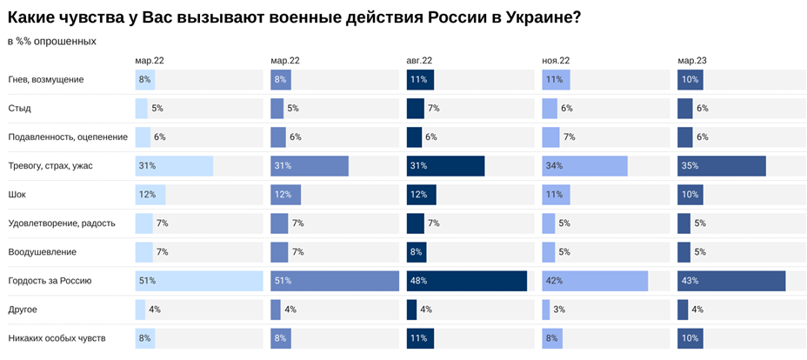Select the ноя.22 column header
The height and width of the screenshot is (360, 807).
click(x=556, y=61)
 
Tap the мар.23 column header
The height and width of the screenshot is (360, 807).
click(x=691, y=61)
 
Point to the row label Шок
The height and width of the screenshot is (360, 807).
click(x=17, y=195)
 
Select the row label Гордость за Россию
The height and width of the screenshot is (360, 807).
click(x=50, y=281)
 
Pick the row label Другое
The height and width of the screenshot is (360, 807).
click(x=23, y=310)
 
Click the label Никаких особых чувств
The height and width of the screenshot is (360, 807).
click(x=57, y=338)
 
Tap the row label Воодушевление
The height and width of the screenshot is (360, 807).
click(x=43, y=252)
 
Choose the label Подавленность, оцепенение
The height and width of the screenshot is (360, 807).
click(x=68, y=137)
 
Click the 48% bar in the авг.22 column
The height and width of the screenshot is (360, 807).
click(x=467, y=281)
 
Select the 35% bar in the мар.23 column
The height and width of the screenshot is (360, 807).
click(x=722, y=166)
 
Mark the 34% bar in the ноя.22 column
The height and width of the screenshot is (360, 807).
click(x=584, y=166)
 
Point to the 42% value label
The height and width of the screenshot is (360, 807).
click(x=554, y=281)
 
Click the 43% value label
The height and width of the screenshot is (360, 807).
click(x=690, y=281)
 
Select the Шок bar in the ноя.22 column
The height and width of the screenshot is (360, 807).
click(x=556, y=195)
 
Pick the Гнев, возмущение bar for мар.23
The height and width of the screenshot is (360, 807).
click(x=690, y=80)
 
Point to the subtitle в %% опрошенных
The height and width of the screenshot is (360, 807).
click(x=51, y=41)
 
